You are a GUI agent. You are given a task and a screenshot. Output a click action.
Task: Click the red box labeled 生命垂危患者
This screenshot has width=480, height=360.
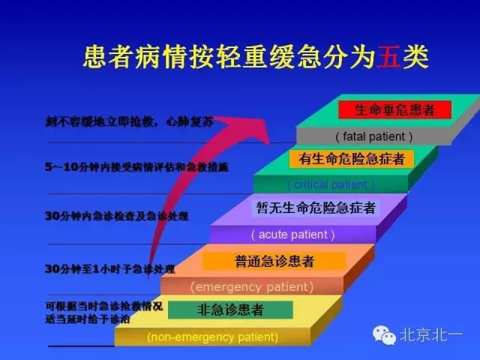[394, 109]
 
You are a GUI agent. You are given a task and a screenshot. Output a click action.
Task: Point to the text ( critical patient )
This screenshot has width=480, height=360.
[331, 184]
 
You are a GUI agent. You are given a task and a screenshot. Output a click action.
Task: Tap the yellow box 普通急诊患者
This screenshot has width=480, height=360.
[274, 260]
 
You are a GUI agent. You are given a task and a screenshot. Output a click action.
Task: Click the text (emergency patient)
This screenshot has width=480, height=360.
[251, 286]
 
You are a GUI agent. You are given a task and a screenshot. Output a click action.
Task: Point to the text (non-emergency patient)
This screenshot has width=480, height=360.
[212, 337]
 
